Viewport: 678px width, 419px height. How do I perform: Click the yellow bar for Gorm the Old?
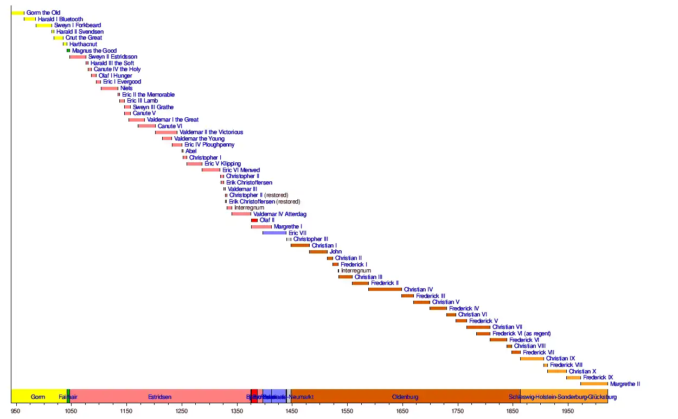(x=18, y=12)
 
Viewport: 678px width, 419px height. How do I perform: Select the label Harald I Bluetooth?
(x=60, y=19)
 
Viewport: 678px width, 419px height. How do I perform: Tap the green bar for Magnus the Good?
(x=68, y=50)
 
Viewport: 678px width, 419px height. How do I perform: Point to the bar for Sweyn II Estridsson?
(x=78, y=57)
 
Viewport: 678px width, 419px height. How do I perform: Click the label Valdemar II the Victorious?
(x=211, y=132)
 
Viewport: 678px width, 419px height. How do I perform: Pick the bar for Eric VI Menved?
(x=211, y=170)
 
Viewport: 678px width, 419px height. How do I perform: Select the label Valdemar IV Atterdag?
(x=280, y=214)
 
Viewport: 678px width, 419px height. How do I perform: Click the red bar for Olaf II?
(x=254, y=220)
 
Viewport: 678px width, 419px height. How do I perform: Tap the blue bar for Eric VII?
(x=274, y=233)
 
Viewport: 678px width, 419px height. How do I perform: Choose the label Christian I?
(x=324, y=245)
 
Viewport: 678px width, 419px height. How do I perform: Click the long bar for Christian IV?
(x=385, y=289)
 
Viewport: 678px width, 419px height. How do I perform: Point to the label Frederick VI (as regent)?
(x=522, y=333)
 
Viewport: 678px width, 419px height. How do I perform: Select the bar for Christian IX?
(x=532, y=359)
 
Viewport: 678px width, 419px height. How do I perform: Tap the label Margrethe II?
(x=625, y=384)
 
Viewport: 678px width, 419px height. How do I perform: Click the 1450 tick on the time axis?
(x=292, y=404)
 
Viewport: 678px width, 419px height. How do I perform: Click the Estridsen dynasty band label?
(x=159, y=397)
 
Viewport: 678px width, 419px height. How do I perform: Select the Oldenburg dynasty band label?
(x=405, y=397)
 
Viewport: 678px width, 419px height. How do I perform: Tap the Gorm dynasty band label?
(x=38, y=397)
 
